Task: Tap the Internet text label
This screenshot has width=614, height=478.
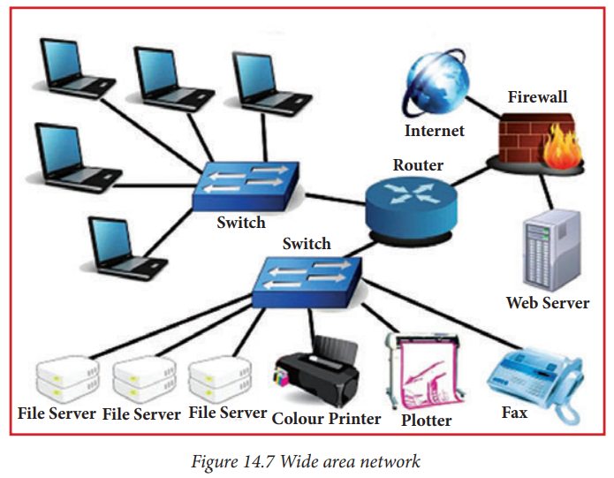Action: tap(434, 132)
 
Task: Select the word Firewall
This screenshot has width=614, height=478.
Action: tap(537, 97)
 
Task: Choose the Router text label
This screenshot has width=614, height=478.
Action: tap(418, 165)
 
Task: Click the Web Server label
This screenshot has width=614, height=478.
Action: tap(547, 303)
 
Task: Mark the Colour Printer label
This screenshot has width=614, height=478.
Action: tap(326, 418)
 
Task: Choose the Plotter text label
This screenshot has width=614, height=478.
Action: tap(426, 421)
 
